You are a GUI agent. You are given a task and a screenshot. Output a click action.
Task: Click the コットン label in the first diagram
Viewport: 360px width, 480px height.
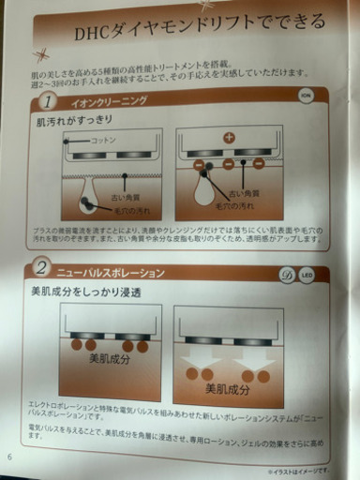[103, 140]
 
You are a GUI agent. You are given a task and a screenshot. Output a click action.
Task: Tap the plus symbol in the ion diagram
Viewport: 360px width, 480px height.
[229, 137]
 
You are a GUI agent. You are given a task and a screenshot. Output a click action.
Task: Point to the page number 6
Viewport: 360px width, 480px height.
[9, 457]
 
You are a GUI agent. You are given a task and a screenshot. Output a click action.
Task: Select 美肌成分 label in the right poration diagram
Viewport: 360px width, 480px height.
[227, 387]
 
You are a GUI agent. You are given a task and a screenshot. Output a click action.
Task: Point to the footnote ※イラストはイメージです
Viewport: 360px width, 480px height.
[298, 470]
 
